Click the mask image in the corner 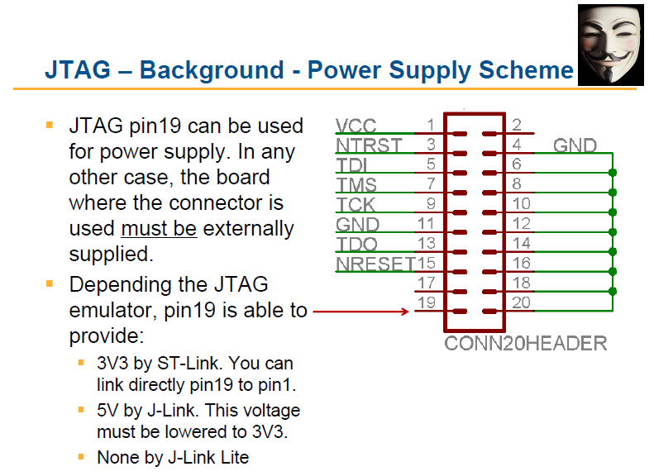[611, 45]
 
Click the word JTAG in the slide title [78, 69]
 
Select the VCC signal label [356, 126]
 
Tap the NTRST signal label [369, 145]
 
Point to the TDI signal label [351, 165]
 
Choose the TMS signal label [356, 185]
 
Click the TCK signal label [356, 205]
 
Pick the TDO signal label [356, 245]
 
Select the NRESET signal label [375, 264]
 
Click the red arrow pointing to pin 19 [361, 312]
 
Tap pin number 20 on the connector [522, 302]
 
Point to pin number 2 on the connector [517, 125]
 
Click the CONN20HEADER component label [526, 344]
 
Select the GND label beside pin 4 [575, 145]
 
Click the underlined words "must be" [159, 228]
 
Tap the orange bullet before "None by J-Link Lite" [81, 457]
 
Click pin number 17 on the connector [427, 283]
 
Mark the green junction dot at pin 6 [613, 173]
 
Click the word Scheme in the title [527, 69]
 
